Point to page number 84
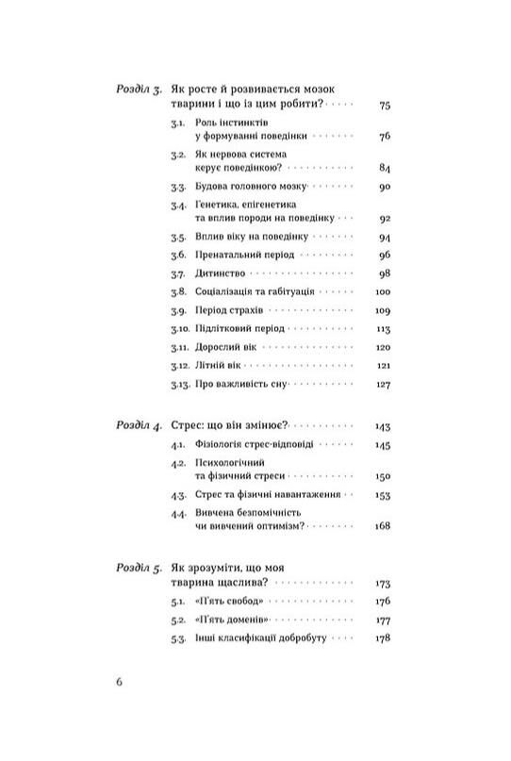pyautogui.click(x=383, y=168)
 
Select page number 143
pyautogui.click(x=381, y=426)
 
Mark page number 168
pyautogui.click(x=381, y=525)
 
